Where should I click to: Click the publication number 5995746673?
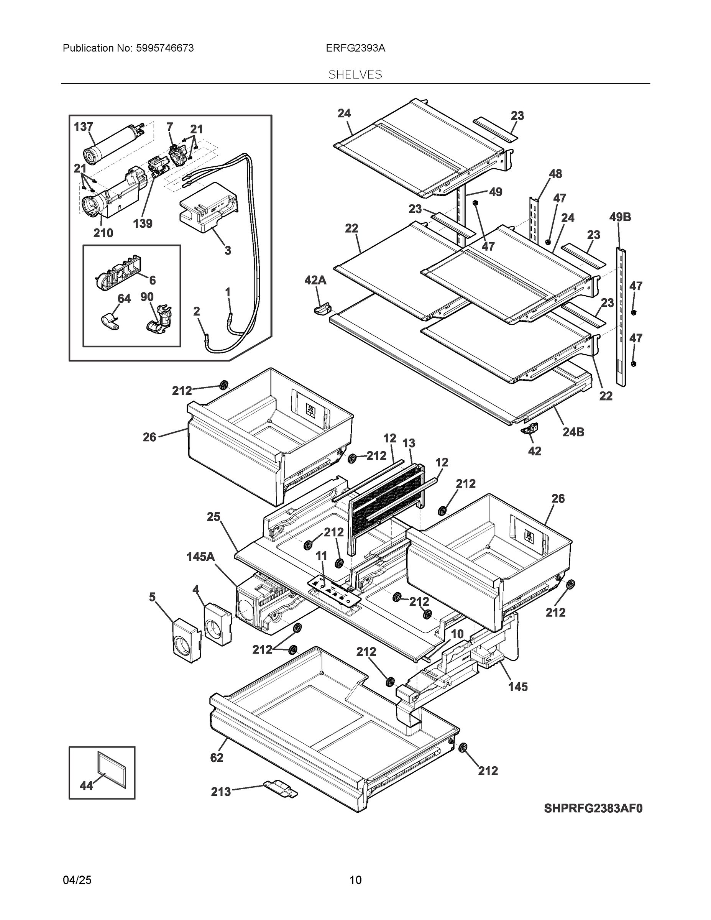pos(165,48)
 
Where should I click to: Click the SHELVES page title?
pos(355,75)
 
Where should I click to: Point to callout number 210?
pos(103,233)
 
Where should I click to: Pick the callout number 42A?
pos(315,280)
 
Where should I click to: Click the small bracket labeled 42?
pos(529,429)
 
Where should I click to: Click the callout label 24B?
pos(573,432)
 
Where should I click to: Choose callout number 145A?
pos(200,557)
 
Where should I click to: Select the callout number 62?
pos(217,757)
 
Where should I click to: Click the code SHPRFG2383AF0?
pos(593,808)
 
